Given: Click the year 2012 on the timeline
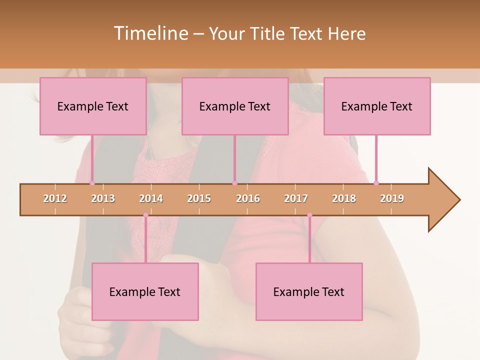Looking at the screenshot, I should [55, 199].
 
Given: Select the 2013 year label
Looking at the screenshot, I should [103, 199].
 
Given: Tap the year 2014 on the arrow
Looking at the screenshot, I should [151, 199].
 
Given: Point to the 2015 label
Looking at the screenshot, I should [199, 199].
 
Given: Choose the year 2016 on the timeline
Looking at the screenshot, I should [248, 199].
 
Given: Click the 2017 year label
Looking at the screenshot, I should [296, 199].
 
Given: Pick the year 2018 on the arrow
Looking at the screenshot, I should [344, 199].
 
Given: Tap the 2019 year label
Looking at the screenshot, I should [392, 199].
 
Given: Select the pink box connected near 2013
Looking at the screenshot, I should [93, 106].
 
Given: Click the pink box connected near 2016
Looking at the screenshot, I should [235, 106].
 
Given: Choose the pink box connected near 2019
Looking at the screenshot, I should [377, 106].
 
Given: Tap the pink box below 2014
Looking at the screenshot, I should [145, 291].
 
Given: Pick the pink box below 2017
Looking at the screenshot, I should [309, 291].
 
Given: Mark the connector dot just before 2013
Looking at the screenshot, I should [92, 183].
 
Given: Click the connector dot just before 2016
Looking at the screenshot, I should [234, 183].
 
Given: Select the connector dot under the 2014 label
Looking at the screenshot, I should [145, 215].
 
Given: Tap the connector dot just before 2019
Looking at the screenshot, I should [376, 183].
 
